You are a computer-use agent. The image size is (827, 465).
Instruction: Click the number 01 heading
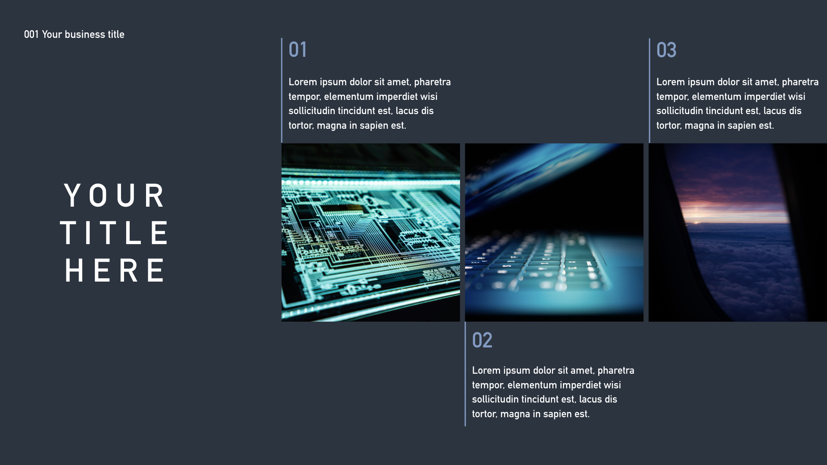[x=298, y=50]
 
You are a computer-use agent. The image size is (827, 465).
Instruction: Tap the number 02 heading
[x=482, y=341]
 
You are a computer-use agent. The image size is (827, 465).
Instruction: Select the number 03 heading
[x=666, y=50]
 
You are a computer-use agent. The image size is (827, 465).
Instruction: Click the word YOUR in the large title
[x=115, y=196]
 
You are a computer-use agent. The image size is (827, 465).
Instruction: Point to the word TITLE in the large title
[x=115, y=233]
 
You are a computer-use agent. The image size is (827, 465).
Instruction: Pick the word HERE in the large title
[x=115, y=271]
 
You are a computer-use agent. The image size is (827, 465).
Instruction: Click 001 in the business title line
[x=31, y=34]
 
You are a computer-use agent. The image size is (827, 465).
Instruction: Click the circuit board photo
[x=370, y=232]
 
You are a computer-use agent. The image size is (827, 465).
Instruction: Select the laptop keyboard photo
[x=554, y=232]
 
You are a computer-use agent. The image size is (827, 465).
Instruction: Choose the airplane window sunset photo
[x=737, y=232]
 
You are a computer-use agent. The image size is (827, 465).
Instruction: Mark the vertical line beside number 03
[x=649, y=90]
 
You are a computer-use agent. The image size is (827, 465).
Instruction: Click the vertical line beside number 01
[x=282, y=90]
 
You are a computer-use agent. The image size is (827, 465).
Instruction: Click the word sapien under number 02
[x=557, y=414]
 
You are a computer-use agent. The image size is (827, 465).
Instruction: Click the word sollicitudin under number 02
[x=495, y=400]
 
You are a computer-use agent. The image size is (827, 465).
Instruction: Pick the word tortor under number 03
[x=668, y=126]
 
